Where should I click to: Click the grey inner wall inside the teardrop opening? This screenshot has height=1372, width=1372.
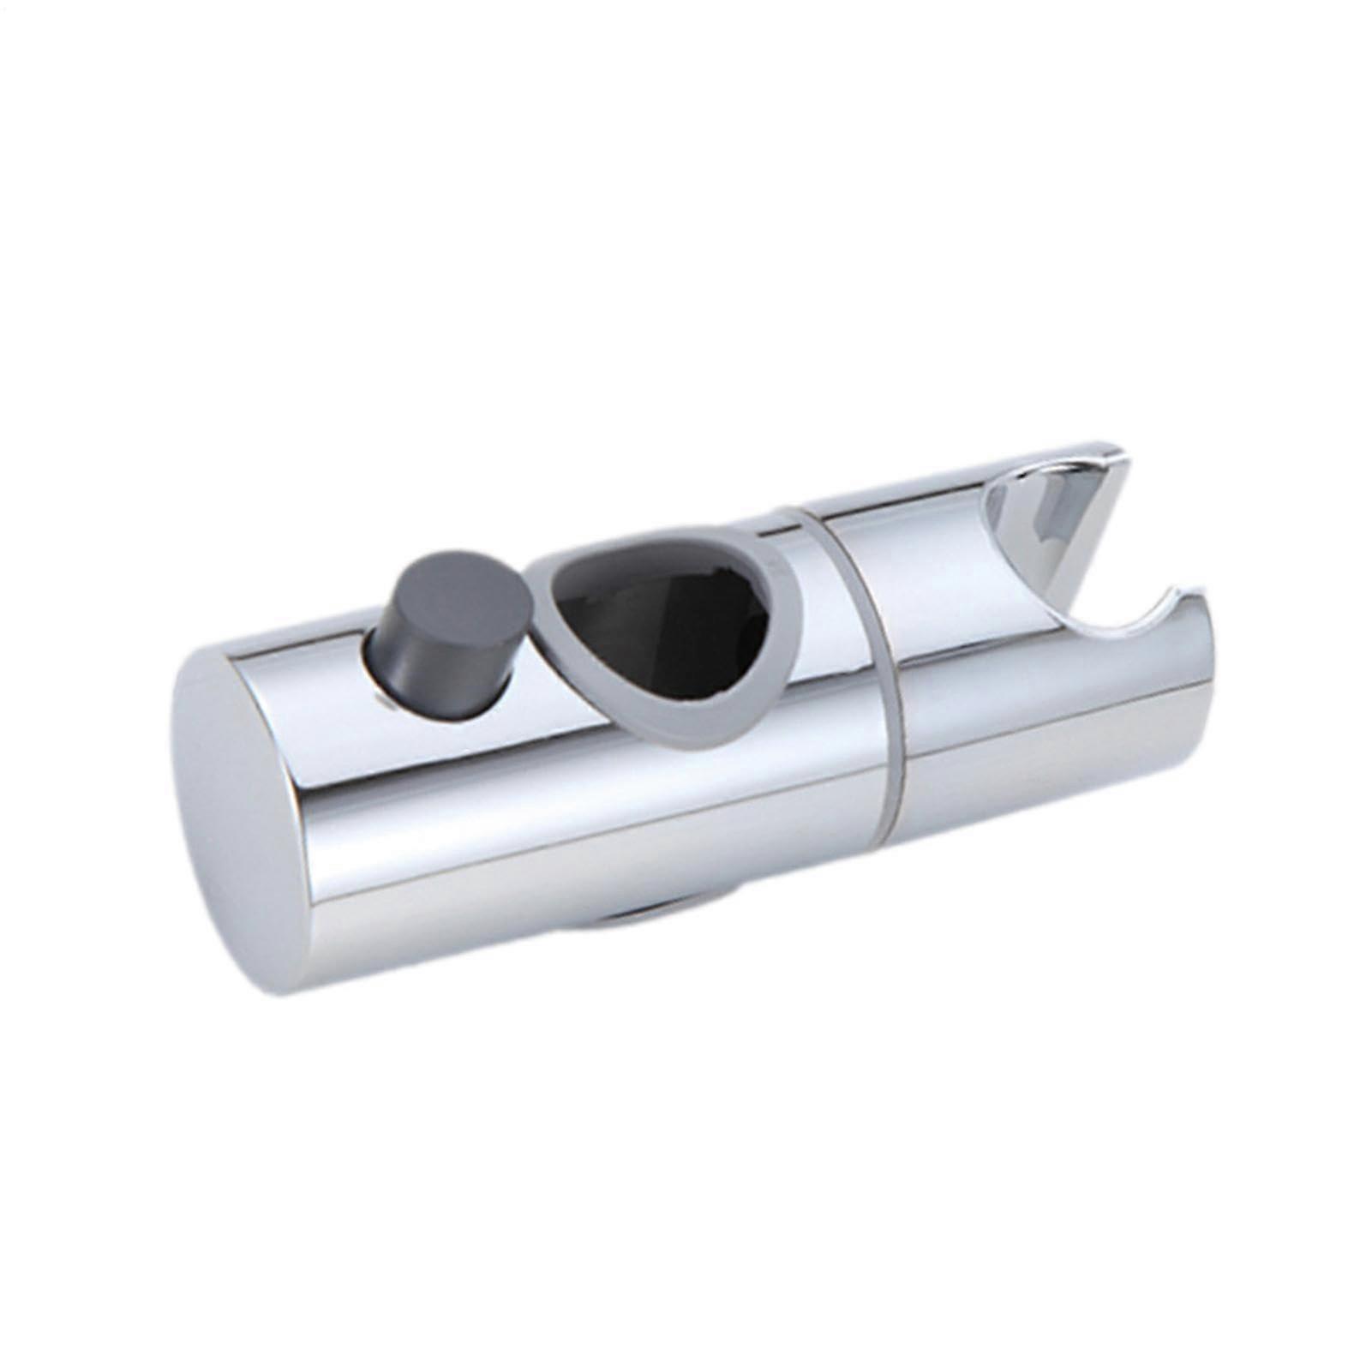tap(600, 634)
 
